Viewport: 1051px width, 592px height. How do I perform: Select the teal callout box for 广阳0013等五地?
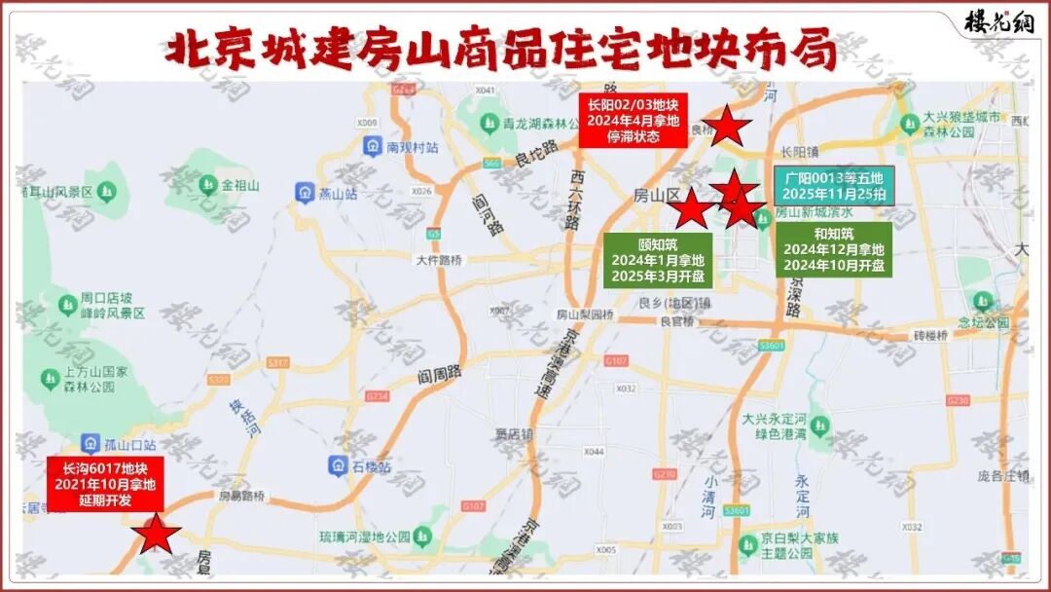pyautogui.click(x=835, y=186)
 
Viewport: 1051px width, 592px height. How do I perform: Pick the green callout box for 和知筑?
pyautogui.click(x=834, y=249)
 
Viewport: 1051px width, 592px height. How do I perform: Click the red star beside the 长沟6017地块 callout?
pyautogui.click(x=156, y=536)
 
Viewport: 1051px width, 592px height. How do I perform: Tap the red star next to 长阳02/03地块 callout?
pyautogui.click(x=726, y=128)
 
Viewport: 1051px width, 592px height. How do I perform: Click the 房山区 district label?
pyautogui.click(x=656, y=195)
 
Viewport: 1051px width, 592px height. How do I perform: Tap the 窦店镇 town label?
pyautogui.click(x=514, y=433)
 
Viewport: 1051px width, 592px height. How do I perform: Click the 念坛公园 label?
pyautogui.click(x=983, y=323)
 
